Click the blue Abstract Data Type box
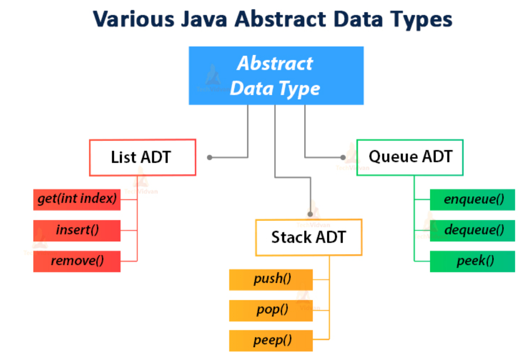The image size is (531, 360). tap(276, 75)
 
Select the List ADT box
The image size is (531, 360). tap(142, 157)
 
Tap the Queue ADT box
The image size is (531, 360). tap(410, 157)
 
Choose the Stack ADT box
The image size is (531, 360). tap(308, 237)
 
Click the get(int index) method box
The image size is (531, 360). tap(77, 200)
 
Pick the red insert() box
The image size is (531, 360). tap(77, 230)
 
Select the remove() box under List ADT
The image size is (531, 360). tap(77, 261)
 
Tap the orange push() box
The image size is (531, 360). tap(271, 279)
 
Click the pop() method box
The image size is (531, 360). tap(271, 310)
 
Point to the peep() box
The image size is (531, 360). tap(271, 340)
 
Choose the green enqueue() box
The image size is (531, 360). tap(472, 200)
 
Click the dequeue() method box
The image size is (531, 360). tap(472, 230)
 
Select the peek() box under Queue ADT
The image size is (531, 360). tap(472, 261)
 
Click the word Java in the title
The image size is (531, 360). tap(202, 20)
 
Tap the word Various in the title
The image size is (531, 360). tap(134, 20)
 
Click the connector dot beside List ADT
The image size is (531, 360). tap(210, 157)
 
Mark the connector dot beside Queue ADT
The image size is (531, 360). tap(343, 157)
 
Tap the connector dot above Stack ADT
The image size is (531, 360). tap(310, 214)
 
